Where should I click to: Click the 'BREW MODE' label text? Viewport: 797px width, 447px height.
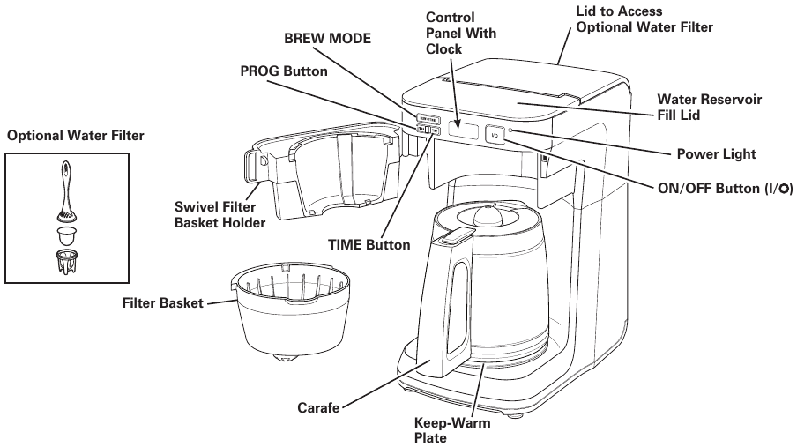pos(327,39)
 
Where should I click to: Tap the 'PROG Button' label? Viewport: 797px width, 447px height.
pos(284,71)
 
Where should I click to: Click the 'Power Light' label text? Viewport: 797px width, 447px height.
pos(716,154)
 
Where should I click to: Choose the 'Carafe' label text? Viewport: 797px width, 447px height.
pos(317,409)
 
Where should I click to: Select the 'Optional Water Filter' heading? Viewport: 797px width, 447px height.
pos(75,136)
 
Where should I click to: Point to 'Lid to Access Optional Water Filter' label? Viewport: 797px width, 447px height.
pos(644,19)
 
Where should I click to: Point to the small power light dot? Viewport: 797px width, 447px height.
pos(510,132)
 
